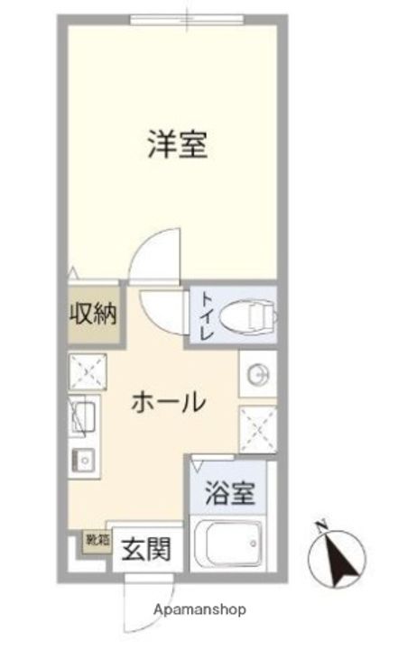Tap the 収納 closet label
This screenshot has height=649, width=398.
click(x=94, y=315)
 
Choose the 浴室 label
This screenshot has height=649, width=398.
click(x=229, y=493)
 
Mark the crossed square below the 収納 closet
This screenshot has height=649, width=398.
click(x=88, y=371)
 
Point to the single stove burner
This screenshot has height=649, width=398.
click(x=84, y=461)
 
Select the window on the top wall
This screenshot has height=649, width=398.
click(x=188, y=19)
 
